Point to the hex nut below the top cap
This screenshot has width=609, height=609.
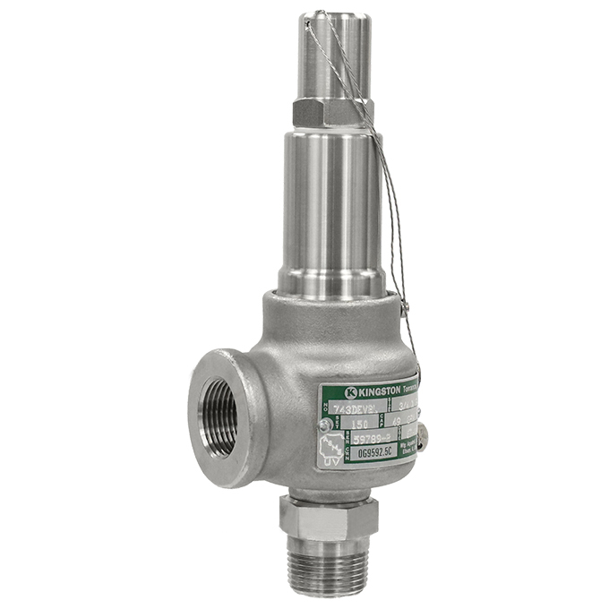[x=332, y=112]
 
